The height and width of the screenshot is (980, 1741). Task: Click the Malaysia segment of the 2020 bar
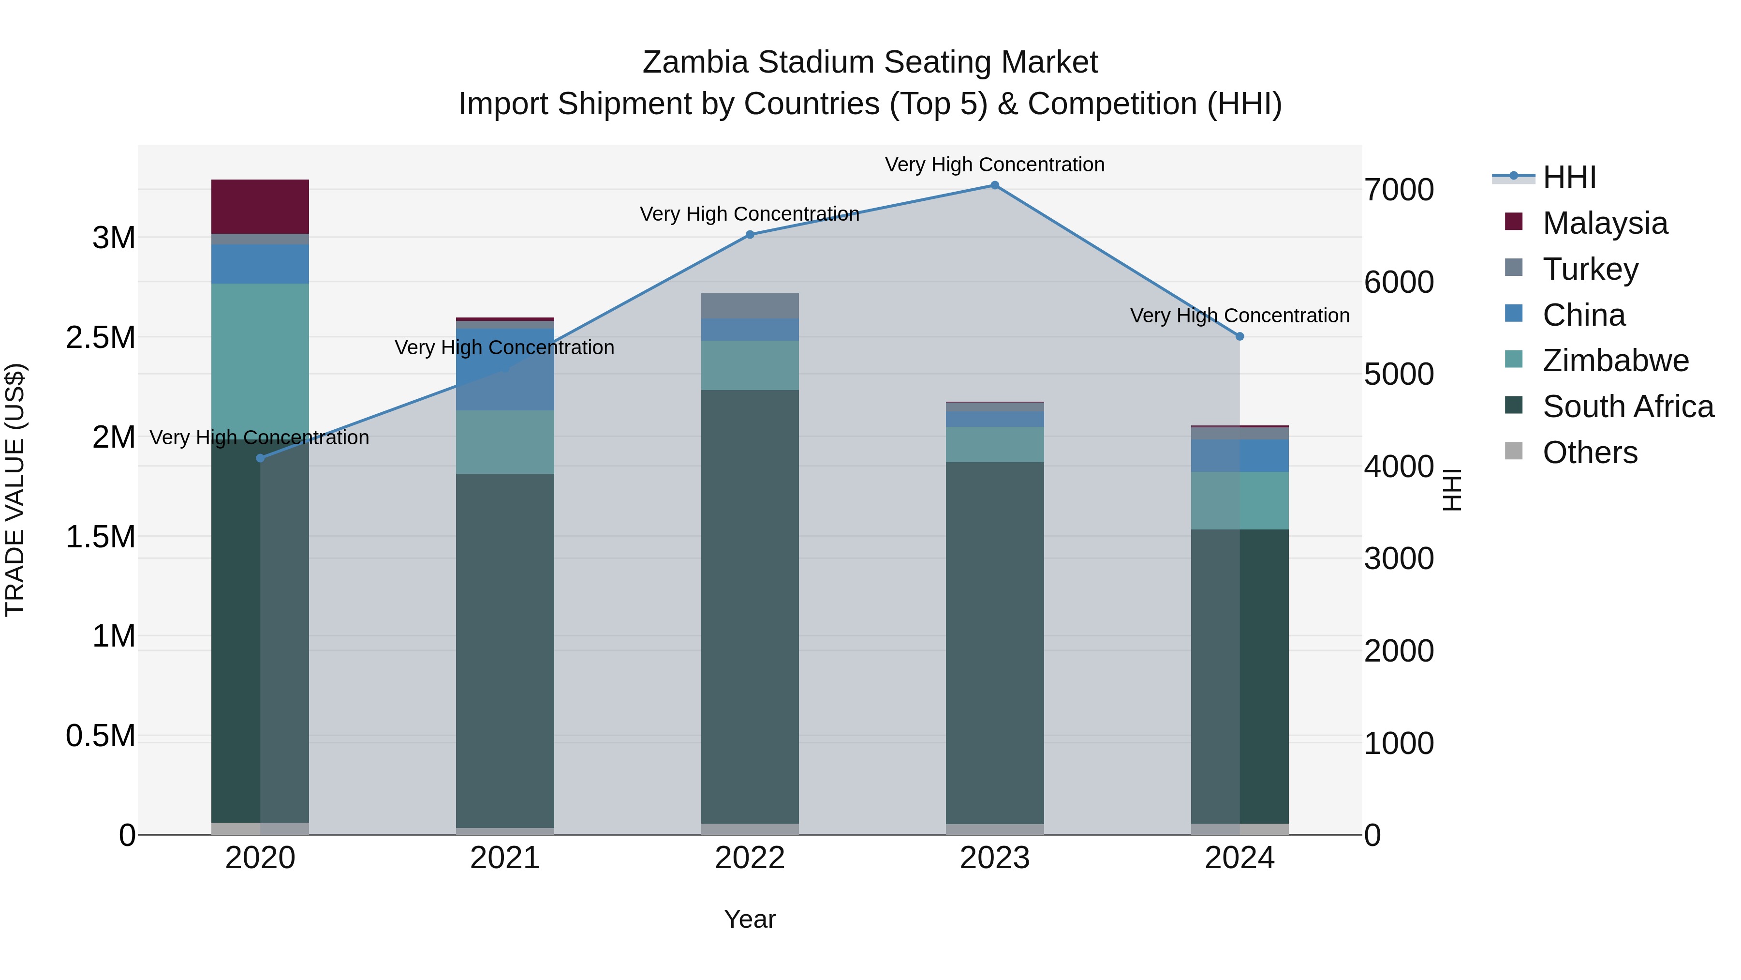pyautogui.click(x=260, y=206)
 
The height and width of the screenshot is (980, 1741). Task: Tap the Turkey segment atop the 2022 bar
pyautogui.click(x=750, y=306)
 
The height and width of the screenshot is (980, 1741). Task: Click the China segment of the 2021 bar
pyautogui.click(x=505, y=369)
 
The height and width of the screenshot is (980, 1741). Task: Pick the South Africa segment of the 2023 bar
pyautogui.click(x=994, y=643)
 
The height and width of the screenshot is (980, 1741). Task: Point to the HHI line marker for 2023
pyautogui.click(x=994, y=185)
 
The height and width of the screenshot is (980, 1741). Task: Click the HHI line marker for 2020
pyautogui.click(x=260, y=458)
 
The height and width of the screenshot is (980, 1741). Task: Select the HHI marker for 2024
pyautogui.click(x=1239, y=336)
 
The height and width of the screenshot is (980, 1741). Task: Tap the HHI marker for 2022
pyautogui.click(x=750, y=235)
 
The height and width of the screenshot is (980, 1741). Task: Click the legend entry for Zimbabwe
pyautogui.click(x=1615, y=361)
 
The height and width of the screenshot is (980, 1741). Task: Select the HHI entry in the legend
pyautogui.click(x=1569, y=177)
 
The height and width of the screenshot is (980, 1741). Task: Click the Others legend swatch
pyautogui.click(x=1514, y=451)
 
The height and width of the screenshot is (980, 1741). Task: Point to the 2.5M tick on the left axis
pyautogui.click(x=101, y=337)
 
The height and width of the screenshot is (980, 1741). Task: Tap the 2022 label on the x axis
pyautogui.click(x=750, y=858)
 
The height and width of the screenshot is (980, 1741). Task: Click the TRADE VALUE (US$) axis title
pyautogui.click(x=15, y=490)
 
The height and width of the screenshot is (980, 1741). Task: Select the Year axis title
pyautogui.click(x=750, y=919)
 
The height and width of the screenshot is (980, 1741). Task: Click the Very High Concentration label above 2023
pyautogui.click(x=994, y=165)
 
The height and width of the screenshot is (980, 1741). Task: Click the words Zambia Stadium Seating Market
pyautogui.click(x=870, y=62)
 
